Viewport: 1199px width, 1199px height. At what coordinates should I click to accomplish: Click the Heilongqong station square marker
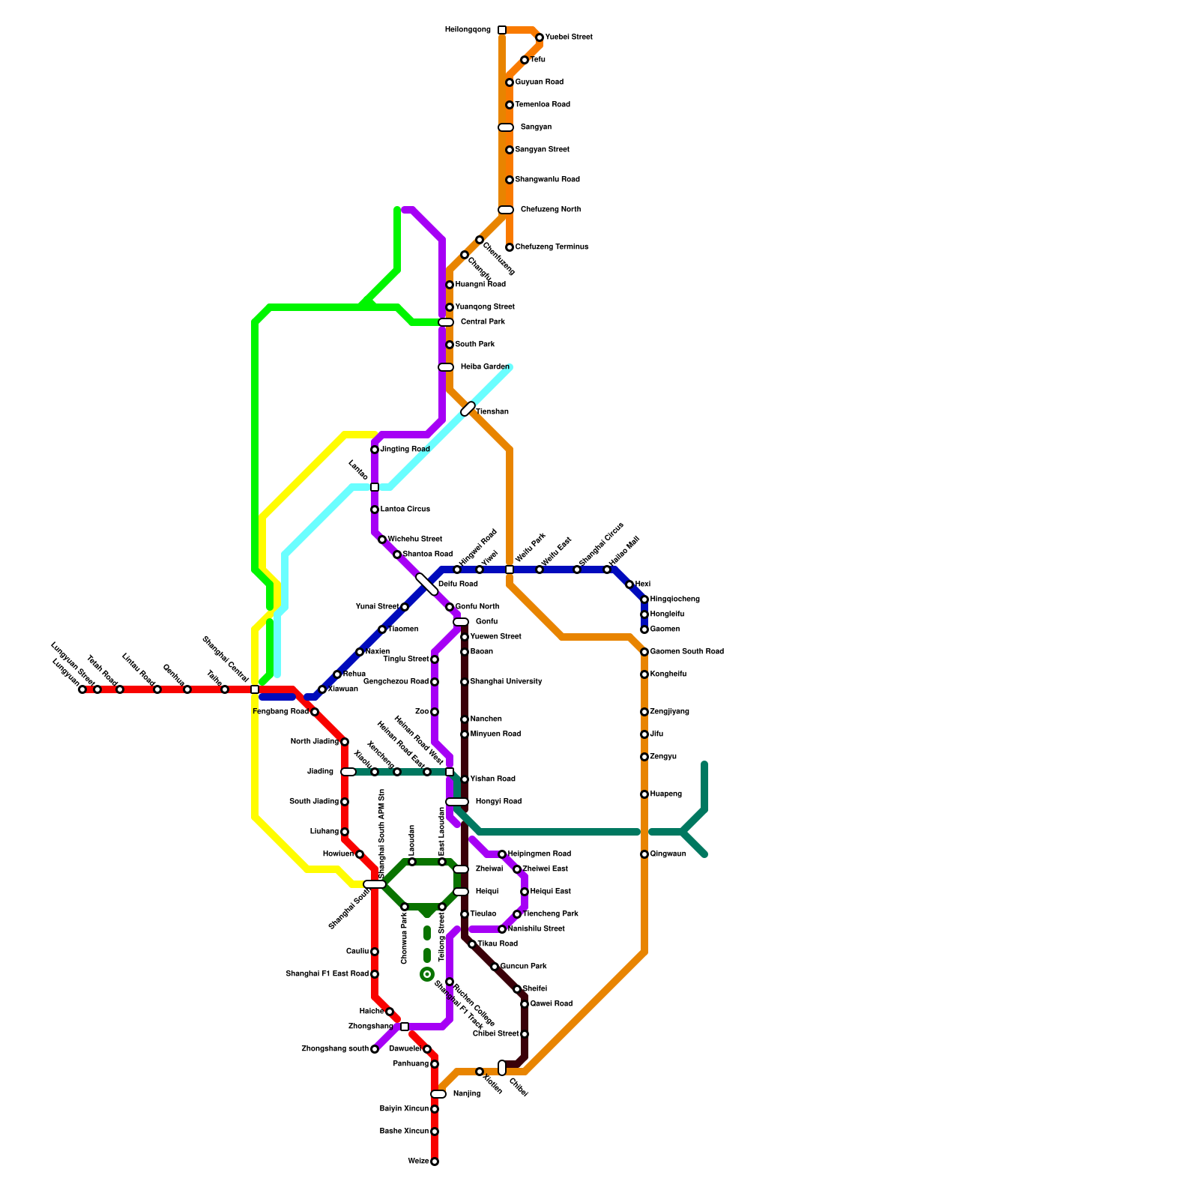(x=502, y=30)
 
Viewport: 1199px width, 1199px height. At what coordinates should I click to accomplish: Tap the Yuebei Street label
(x=568, y=37)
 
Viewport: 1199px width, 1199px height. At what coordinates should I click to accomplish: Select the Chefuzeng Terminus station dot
(x=510, y=247)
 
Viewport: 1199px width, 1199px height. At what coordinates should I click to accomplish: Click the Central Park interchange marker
(x=446, y=322)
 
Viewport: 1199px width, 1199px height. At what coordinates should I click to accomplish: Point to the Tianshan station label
(x=492, y=412)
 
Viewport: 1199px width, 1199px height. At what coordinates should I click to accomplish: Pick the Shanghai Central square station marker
(x=255, y=689)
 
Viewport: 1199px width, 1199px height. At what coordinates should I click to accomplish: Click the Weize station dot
(x=435, y=1162)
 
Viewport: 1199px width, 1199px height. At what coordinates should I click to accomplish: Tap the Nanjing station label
(x=466, y=1094)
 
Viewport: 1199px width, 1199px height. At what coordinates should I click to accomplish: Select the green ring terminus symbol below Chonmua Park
(x=427, y=974)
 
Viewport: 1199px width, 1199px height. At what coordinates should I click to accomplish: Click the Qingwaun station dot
(x=644, y=854)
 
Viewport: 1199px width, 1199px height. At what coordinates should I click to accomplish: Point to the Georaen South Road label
(x=686, y=652)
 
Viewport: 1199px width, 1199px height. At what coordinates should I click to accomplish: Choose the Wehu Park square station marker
(x=510, y=570)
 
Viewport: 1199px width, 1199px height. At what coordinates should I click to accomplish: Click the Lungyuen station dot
(x=82, y=689)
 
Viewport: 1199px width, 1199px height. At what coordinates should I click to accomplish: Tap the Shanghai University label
(x=506, y=682)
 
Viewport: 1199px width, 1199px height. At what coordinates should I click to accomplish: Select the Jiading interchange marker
(x=348, y=772)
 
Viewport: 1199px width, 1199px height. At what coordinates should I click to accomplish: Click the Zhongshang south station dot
(x=375, y=1049)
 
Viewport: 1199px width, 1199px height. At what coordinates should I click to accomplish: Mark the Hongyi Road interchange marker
(x=457, y=802)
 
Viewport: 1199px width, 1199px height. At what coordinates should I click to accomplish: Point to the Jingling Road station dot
(x=375, y=450)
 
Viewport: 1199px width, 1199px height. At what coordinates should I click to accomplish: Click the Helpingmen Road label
(x=539, y=854)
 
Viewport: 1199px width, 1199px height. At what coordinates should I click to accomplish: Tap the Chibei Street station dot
(x=525, y=1034)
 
